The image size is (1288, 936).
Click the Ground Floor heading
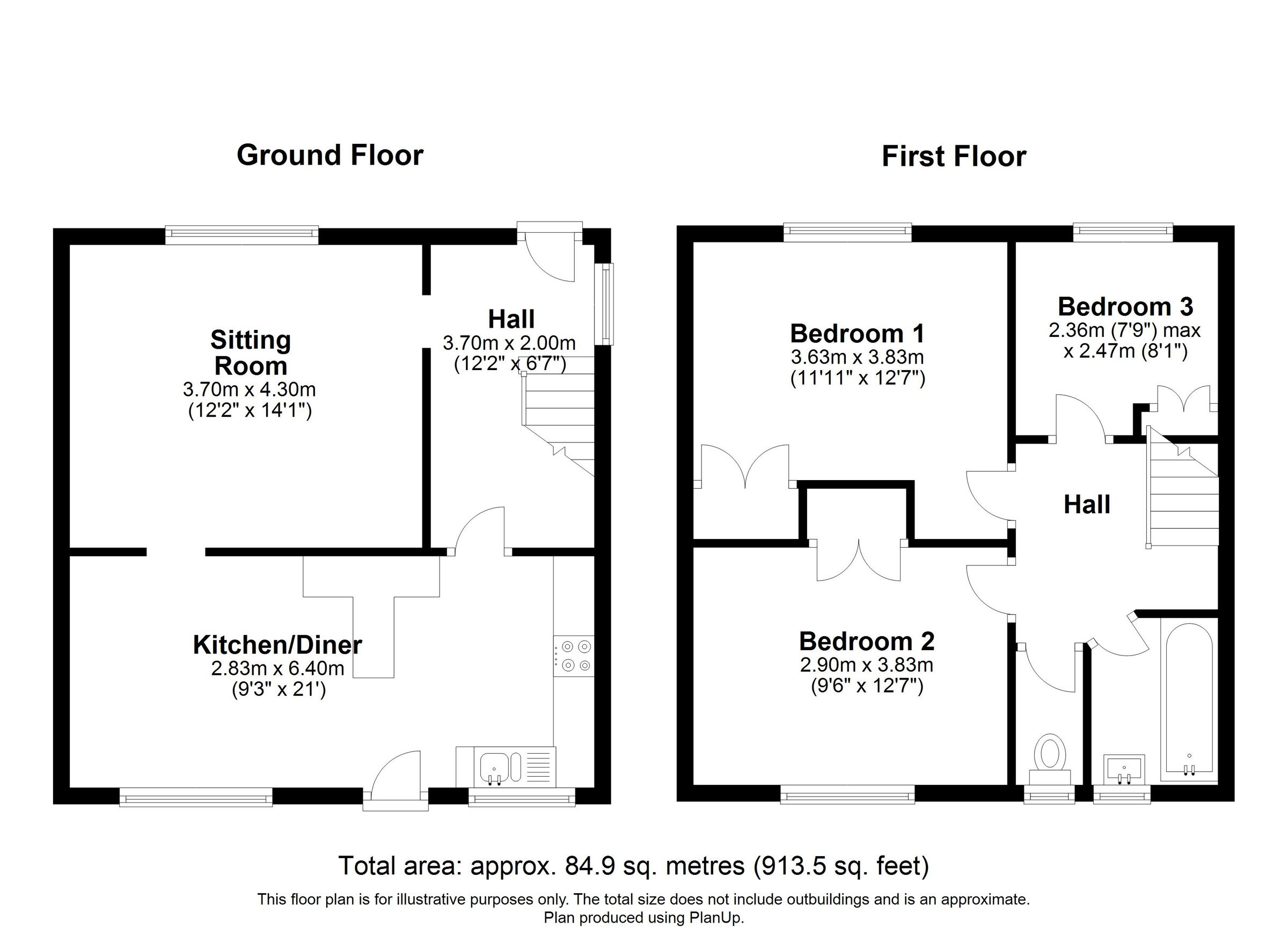(x=330, y=155)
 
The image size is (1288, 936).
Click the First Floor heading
(x=954, y=156)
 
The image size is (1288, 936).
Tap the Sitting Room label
(x=251, y=352)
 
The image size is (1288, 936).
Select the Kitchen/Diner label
(x=277, y=644)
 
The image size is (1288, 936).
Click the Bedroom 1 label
(x=857, y=333)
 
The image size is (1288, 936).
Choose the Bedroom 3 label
(x=1125, y=306)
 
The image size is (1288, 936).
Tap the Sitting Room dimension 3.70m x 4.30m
(x=250, y=389)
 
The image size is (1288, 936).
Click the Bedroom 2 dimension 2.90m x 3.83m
(x=867, y=665)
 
